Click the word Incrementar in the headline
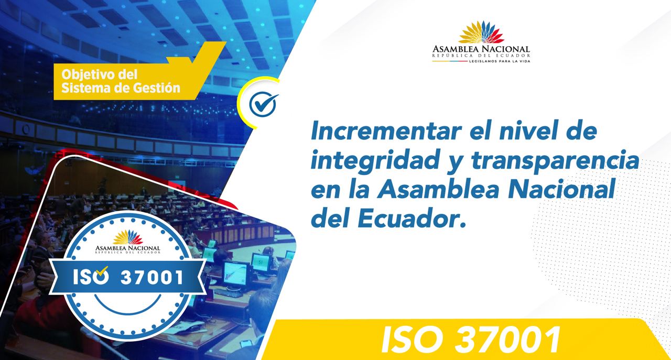(x=386, y=131)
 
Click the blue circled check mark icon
(x=263, y=104)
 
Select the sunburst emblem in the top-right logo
(x=481, y=32)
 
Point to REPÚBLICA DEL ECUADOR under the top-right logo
(x=481, y=56)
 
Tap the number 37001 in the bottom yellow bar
(x=507, y=340)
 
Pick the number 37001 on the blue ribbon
(x=152, y=277)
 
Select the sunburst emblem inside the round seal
(x=128, y=237)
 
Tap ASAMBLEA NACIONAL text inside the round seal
(x=127, y=248)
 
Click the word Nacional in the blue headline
(x=560, y=190)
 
